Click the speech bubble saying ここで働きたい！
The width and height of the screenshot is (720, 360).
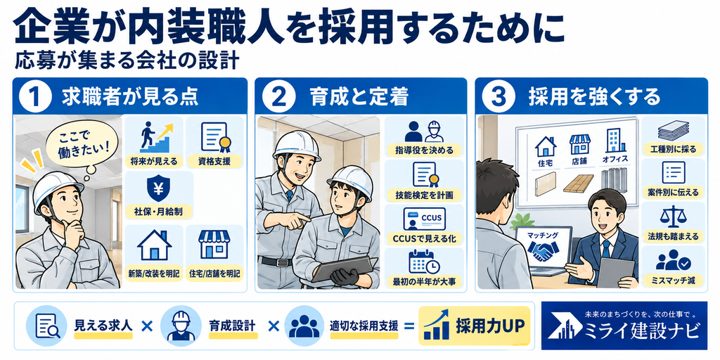(84, 143)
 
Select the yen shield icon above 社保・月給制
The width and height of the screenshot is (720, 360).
(158, 188)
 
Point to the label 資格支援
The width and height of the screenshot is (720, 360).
(214, 161)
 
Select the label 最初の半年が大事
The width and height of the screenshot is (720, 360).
(423, 281)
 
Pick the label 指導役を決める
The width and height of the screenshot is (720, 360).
(424, 150)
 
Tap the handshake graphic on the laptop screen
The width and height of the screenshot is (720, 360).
(544, 250)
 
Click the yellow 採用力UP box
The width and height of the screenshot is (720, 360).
(475, 326)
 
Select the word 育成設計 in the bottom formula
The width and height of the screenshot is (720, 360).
(232, 326)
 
